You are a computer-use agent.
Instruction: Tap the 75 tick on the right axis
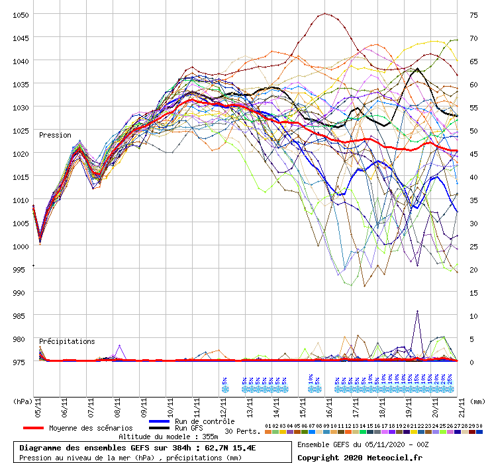coord(473,15)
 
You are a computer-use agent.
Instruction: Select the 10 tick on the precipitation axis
coord(473,316)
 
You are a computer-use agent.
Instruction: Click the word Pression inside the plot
coord(55,135)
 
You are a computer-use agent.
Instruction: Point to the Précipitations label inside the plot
coord(67,341)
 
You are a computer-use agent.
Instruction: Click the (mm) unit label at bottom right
coord(477,401)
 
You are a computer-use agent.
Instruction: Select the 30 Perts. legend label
coord(242,431)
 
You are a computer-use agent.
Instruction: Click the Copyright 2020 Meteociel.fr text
coord(360,457)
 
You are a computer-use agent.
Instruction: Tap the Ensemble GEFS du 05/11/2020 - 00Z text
coord(362,444)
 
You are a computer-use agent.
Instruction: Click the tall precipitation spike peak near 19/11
coord(417,312)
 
